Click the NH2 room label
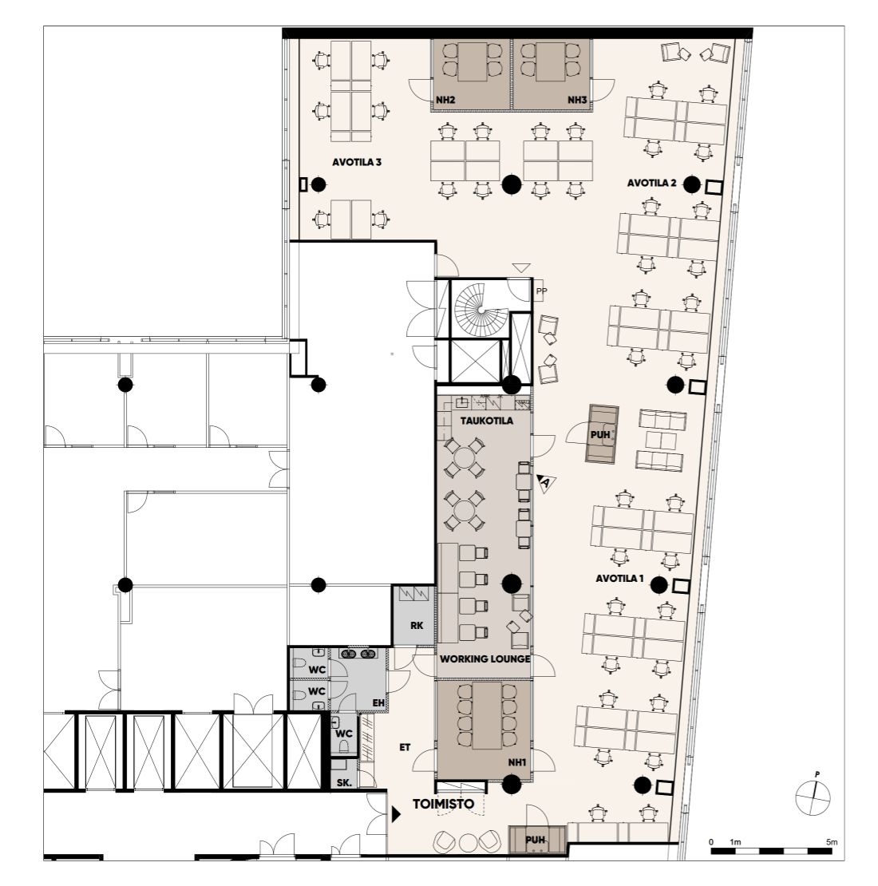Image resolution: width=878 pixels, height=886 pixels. click(x=445, y=100)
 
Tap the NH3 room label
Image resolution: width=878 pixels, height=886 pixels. click(x=577, y=100)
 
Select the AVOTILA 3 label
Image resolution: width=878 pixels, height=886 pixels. click(x=357, y=162)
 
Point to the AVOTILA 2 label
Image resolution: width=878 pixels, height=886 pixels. click(x=651, y=183)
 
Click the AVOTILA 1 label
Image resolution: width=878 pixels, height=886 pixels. click(x=619, y=579)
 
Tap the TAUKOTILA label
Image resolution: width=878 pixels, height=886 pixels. click(x=486, y=421)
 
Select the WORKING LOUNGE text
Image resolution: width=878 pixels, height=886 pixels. click(x=484, y=659)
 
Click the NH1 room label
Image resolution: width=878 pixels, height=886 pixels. click(x=516, y=763)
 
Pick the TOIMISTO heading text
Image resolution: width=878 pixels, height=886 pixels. click(x=444, y=804)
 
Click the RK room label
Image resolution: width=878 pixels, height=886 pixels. click(x=417, y=626)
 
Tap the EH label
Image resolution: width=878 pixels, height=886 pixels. click(x=378, y=703)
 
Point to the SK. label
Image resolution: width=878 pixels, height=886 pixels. click(x=343, y=783)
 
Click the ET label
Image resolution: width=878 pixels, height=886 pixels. click(x=405, y=748)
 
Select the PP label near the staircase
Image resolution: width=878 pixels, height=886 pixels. click(x=541, y=291)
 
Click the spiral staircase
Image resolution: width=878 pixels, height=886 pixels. click(x=478, y=310)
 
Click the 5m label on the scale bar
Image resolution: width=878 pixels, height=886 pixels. click(x=831, y=842)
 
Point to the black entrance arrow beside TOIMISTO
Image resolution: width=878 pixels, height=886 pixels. click(x=396, y=814)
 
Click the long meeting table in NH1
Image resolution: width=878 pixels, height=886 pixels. click(x=487, y=715)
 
